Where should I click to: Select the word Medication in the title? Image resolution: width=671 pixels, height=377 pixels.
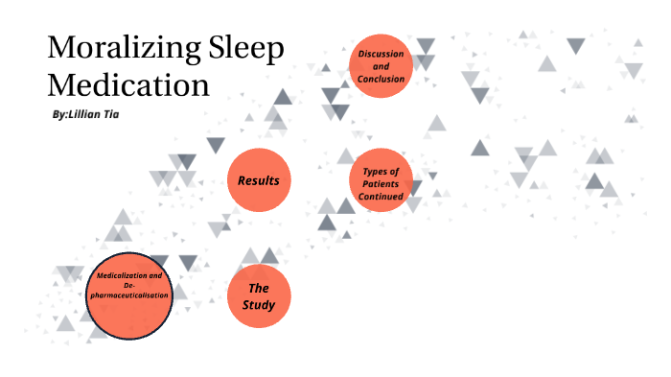(x=128, y=84)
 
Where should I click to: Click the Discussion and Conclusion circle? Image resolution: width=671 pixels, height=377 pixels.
(x=381, y=66)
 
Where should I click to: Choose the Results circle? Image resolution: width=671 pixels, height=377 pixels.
(x=259, y=179)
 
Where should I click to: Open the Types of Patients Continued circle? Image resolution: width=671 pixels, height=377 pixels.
(x=381, y=182)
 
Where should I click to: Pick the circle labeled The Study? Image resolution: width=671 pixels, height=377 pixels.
(x=259, y=296)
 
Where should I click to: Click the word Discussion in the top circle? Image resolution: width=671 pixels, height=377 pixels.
(x=381, y=54)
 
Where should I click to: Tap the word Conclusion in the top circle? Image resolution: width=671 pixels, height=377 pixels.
(x=381, y=79)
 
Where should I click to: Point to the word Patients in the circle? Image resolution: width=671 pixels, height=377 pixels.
(x=381, y=183)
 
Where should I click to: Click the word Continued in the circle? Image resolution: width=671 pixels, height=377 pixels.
(x=381, y=196)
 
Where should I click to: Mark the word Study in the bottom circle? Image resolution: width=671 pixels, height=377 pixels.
(x=259, y=306)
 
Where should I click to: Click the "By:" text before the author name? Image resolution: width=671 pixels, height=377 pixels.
(x=60, y=113)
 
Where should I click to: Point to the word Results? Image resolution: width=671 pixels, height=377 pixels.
(x=259, y=179)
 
